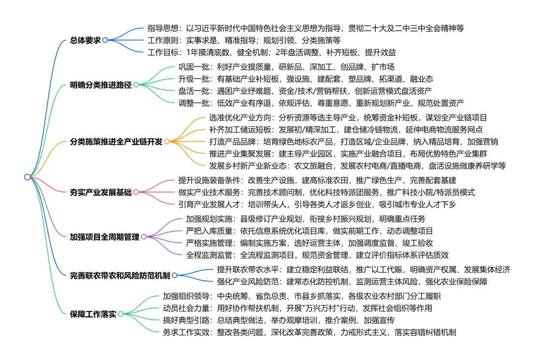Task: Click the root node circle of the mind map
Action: (27, 177)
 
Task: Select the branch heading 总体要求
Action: (85, 40)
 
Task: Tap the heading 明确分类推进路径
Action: (101, 85)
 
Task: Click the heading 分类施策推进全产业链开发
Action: (116, 141)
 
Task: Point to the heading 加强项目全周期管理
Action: (104, 237)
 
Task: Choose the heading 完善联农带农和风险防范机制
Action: (120, 275)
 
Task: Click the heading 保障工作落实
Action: (93, 314)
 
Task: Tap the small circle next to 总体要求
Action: (105, 40)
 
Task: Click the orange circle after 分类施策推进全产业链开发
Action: (167, 141)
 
